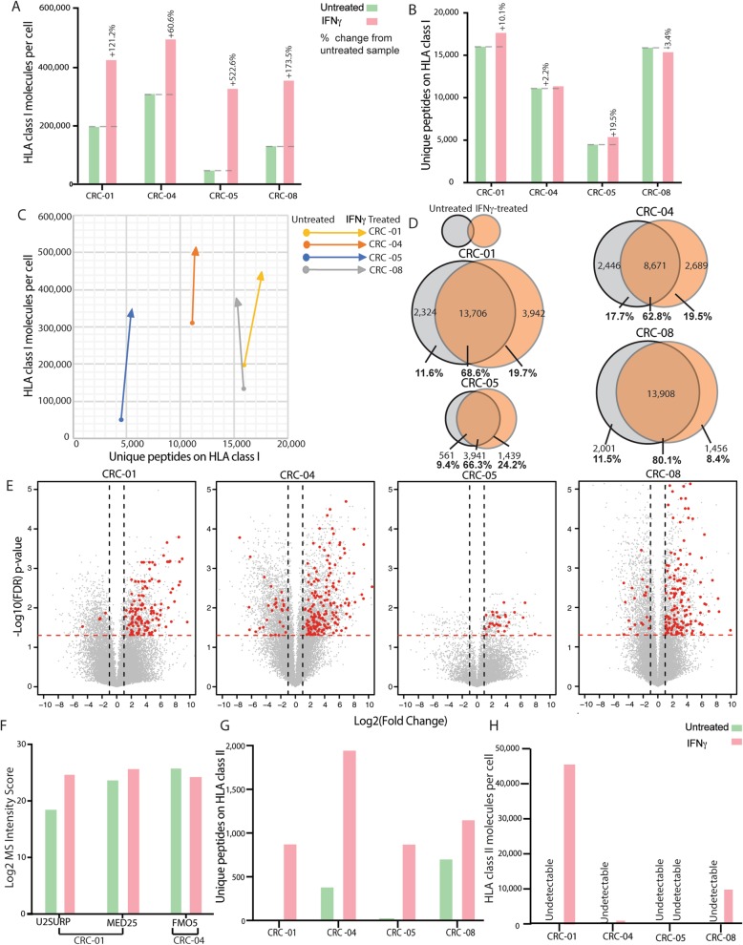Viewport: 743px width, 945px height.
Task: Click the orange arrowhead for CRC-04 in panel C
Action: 195,252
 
